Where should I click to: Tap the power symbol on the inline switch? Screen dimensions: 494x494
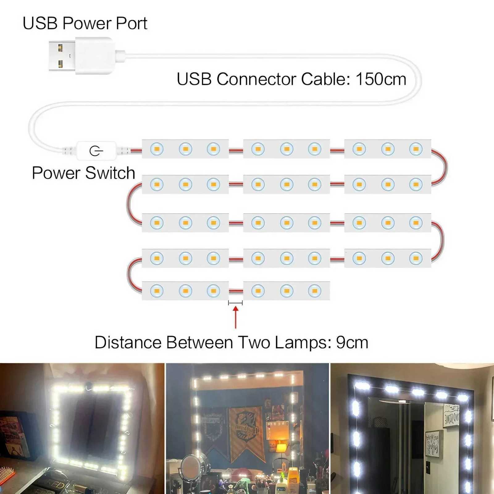click(x=96, y=151)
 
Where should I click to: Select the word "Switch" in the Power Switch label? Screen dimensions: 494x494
click(x=110, y=173)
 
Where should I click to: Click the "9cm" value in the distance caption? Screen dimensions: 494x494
click(x=352, y=343)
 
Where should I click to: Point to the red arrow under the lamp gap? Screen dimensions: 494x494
click(x=236, y=316)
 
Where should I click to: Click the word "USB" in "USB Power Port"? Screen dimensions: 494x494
click(x=40, y=23)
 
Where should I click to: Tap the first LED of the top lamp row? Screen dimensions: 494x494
click(x=157, y=149)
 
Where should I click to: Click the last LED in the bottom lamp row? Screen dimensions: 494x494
click(x=315, y=291)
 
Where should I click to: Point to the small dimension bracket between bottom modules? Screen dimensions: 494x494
click(x=235, y=303)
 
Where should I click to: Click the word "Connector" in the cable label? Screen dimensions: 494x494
click(x=256, y=79)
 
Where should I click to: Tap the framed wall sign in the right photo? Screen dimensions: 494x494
click(x=451, y=415)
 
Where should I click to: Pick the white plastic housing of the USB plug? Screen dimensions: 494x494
click(x=94, y=56)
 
